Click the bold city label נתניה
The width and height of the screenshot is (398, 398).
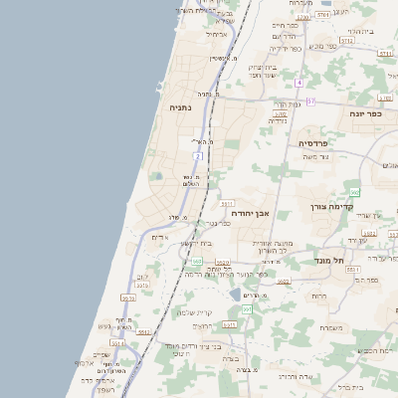tap(179, 106)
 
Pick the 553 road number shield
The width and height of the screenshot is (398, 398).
tap(197, 262)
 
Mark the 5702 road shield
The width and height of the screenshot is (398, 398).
tap(280, 114)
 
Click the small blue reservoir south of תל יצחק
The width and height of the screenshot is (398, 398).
tap(234, 294)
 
